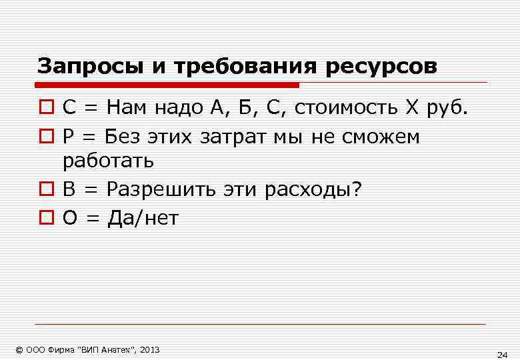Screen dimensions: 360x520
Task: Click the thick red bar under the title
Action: click(167, 85)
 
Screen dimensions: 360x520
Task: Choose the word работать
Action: click(109, 161)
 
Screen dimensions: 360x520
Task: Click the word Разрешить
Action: click(160, 189)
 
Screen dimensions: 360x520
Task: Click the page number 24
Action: click(503, 353)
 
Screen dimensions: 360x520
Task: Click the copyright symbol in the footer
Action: click(19, 349)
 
